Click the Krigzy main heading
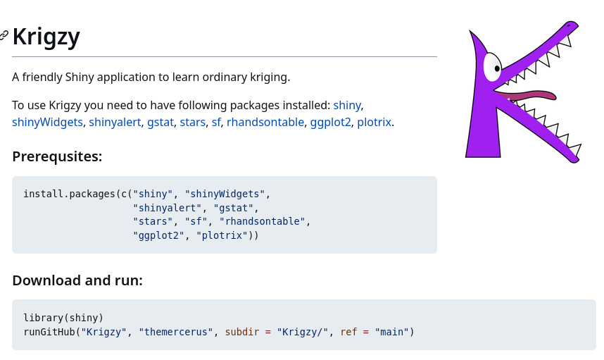46,37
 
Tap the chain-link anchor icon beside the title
4,35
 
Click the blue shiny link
346,105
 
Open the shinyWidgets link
47,122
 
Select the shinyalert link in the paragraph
115,122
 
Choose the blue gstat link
161,122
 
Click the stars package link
193,122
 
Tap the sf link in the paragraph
216,122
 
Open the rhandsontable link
265,122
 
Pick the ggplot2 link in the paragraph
330,122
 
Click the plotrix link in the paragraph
374,122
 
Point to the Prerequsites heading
57,156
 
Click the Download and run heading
77,280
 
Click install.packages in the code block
69,194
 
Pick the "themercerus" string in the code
176,332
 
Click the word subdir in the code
242,332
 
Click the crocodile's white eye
492,67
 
